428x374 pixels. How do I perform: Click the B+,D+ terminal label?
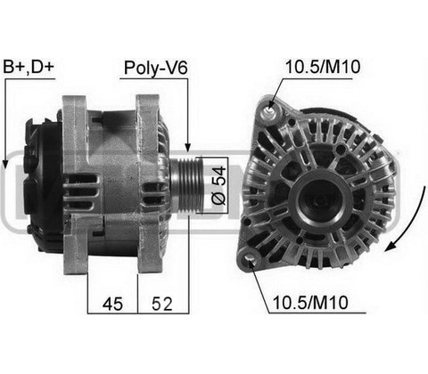pos(29,67)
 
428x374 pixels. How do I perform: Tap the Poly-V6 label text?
pos(155,68)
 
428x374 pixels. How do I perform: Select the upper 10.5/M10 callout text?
pos(323,67)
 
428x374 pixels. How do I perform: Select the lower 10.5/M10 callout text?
pos(310,303)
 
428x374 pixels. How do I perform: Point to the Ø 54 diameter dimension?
pos(218,185)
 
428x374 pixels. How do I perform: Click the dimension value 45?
pos(112,305)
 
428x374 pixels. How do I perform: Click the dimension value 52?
pos(162,305)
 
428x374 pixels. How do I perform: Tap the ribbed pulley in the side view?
pos(187,185)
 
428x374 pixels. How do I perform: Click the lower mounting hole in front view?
pos(250,258)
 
